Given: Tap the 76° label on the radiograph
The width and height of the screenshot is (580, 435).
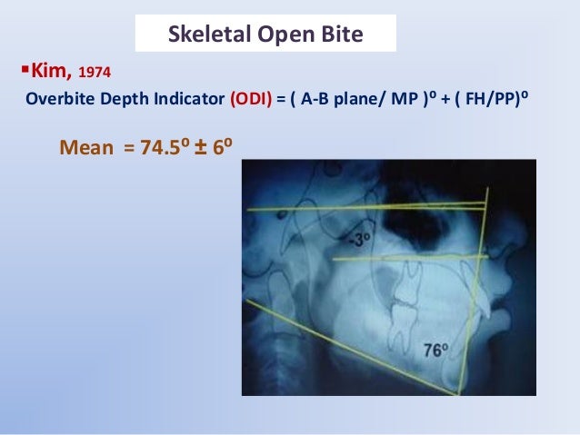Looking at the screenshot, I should point(435,351).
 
